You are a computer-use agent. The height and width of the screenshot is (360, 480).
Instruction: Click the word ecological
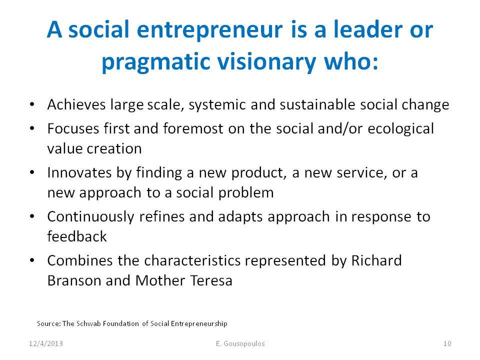coord(400,129)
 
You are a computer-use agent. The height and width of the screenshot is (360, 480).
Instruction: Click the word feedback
coord(77,236)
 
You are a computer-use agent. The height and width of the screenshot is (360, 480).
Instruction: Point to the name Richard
coord(376,260)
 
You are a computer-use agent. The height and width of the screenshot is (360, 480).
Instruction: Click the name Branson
coord(74,280)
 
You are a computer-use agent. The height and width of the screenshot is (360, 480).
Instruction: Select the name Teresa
coord(211,280)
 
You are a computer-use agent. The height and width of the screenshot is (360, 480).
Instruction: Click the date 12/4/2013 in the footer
coord(46,343)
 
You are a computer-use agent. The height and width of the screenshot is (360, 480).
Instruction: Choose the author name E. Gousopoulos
coord(240,343)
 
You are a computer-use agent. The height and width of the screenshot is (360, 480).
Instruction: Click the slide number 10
coord(447,343)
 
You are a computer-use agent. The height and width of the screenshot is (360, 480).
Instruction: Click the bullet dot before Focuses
coord(32,128)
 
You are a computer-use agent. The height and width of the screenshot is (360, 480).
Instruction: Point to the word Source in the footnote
coord(49,323)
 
